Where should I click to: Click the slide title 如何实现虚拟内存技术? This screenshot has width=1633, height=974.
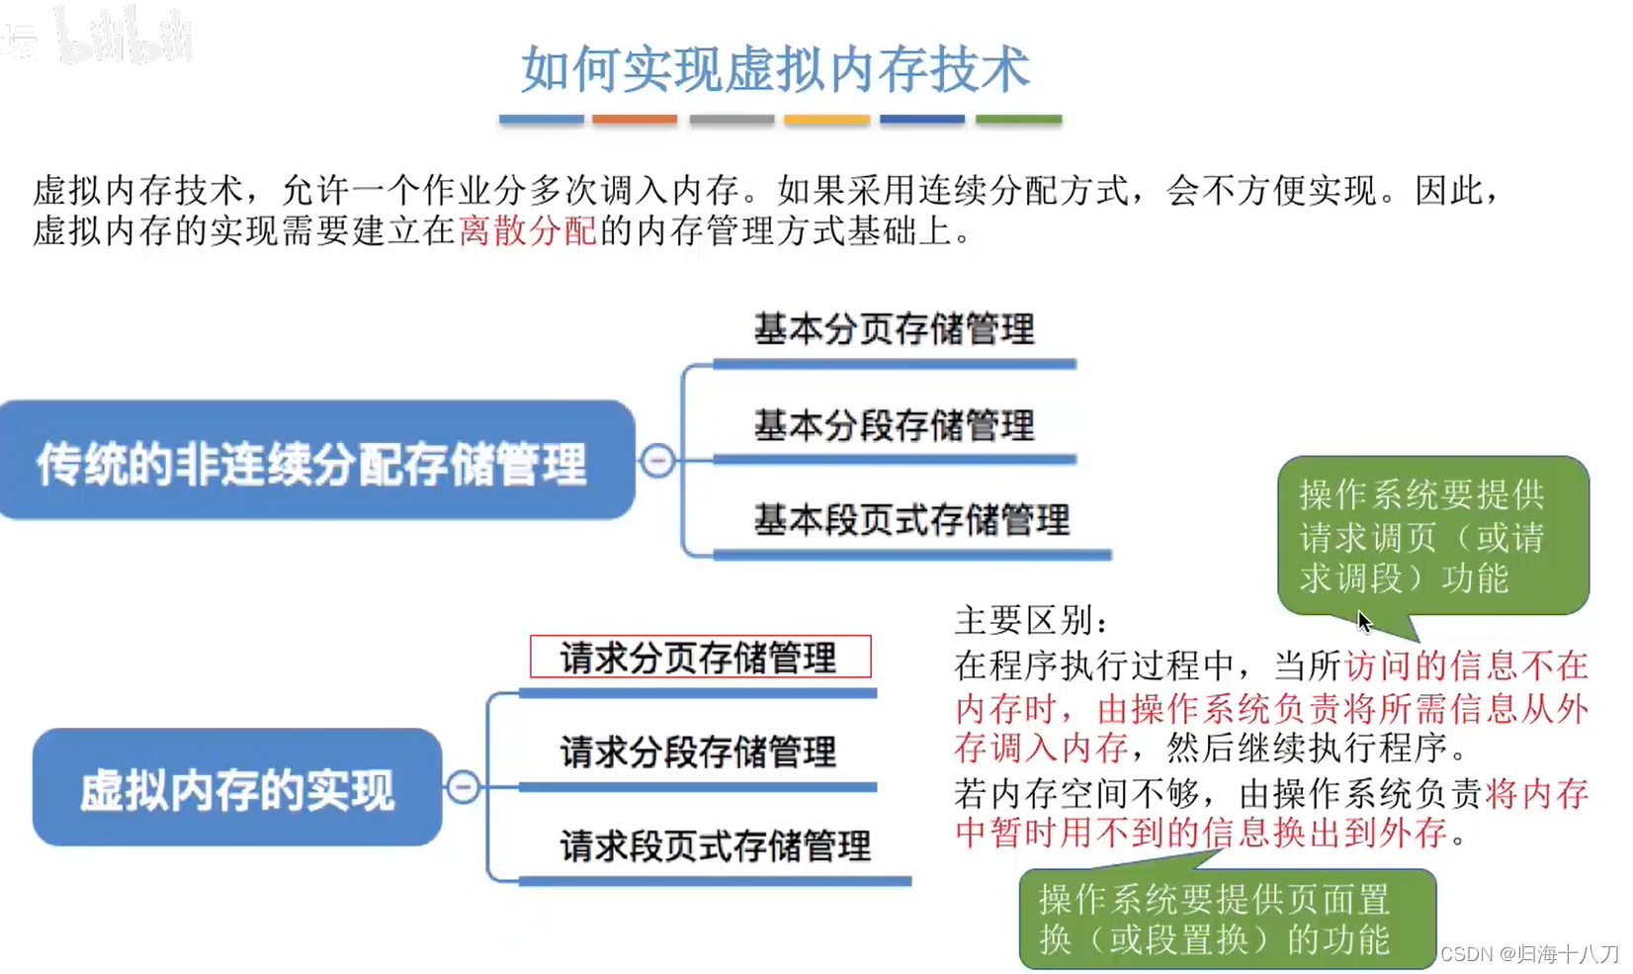tap(775, 69)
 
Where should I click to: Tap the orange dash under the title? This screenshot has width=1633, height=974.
tap(635, 119)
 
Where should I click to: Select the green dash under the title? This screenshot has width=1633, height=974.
tap(1018, 119)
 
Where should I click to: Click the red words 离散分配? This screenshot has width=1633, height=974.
tap(528, 231)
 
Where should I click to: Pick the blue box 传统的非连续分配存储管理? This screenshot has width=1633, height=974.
tap(314, 461)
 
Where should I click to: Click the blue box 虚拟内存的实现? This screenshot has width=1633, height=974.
tap(237, 788)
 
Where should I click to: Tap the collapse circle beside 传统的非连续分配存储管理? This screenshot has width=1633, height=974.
tap(657, 461)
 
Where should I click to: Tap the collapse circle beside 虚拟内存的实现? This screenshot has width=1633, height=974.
tap(464, 787)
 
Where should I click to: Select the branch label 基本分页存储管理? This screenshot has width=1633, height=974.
tap(894, 329)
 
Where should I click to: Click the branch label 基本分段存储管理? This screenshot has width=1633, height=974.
tap(894, 425)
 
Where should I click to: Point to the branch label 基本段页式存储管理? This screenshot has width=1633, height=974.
tap(911, 520)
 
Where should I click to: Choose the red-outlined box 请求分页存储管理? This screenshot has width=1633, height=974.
tap(700, 657)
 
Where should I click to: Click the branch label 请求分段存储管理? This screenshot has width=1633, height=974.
tap(698, 752)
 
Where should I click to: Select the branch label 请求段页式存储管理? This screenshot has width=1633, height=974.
tap(715, 846)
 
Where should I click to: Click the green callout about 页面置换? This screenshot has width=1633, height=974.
tap(1226, 919)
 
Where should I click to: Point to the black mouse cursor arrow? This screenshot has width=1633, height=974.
tap(1364, 621)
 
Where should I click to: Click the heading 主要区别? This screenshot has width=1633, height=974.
tap(1030, 620)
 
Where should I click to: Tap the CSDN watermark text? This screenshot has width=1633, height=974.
tap(1528, 953)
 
